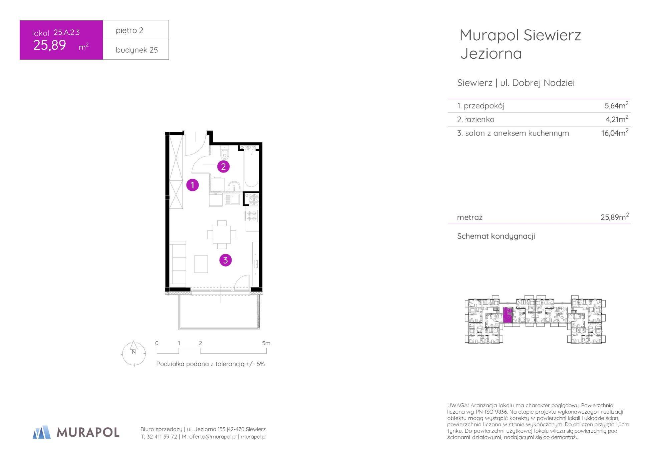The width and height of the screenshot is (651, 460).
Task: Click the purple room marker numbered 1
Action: [192, 185]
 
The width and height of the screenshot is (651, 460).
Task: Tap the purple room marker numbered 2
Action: [223, 166]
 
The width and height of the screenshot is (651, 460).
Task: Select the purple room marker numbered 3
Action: [225, 260]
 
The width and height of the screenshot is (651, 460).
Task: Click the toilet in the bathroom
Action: [225, 154]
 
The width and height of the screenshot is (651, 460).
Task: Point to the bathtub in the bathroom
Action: [251, 169]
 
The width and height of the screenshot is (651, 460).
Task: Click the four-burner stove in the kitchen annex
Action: [252, 216]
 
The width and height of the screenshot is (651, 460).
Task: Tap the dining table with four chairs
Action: [222, 235]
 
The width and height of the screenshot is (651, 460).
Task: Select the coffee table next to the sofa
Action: [201, 264]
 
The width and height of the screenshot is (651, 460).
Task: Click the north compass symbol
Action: [134, 353]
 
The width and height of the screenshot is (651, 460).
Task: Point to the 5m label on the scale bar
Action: [266, 343]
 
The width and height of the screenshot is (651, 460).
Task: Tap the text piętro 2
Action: [129, 30]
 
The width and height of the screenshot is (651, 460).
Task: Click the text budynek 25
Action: [137, 50]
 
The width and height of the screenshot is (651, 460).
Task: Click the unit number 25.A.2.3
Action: [67, 32]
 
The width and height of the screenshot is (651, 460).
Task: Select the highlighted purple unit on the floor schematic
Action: [507, 315]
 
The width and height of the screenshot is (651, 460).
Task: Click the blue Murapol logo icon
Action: [42, 432]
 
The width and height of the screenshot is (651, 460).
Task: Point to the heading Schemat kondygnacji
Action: [496, 236]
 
